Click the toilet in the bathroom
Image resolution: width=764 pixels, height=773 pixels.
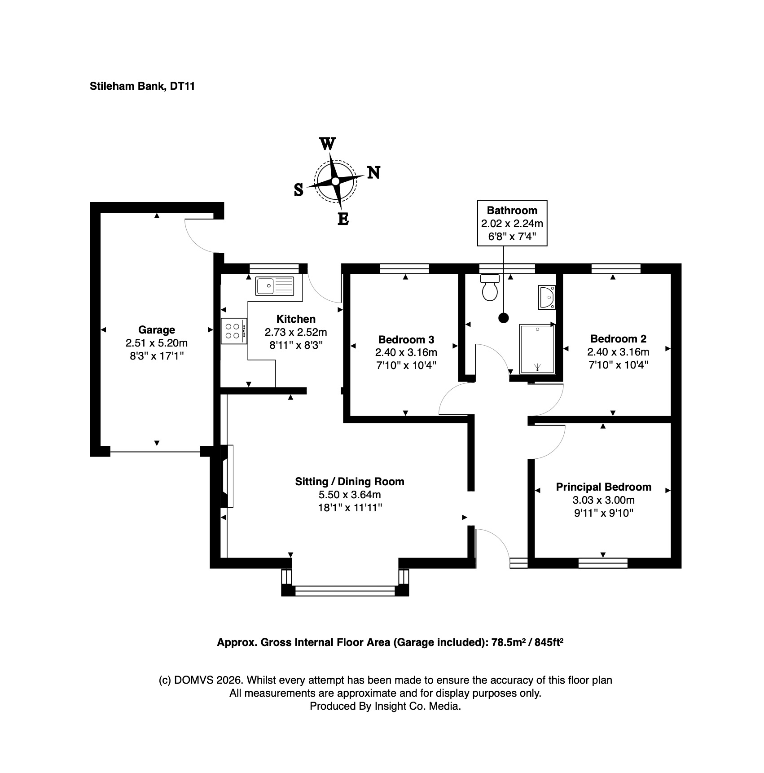[489, 287]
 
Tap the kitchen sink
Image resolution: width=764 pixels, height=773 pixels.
[275, 286]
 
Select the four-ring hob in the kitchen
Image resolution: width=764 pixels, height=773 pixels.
[234, 331]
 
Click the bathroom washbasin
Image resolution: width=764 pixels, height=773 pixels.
[547, 297]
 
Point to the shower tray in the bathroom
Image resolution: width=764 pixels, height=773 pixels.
[537, 349]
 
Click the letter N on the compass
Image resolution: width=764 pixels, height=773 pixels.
[373, 172]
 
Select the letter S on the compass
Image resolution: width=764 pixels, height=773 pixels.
[299, 190]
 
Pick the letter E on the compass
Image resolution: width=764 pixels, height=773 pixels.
[343, 220]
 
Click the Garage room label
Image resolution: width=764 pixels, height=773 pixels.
[157, 330]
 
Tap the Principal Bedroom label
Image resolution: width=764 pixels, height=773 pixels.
[604, 487]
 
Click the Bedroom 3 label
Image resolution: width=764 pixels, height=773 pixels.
[406, 339]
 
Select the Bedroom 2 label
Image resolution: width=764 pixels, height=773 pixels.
[619, 339]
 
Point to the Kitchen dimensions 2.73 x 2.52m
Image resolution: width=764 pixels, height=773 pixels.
[296, 332]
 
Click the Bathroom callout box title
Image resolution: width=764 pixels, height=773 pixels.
[512, 210]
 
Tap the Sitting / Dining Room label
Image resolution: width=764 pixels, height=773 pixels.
[350, 482]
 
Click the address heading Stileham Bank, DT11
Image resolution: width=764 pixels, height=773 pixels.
[142, 86]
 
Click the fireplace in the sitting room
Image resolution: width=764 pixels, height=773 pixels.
[227, 476]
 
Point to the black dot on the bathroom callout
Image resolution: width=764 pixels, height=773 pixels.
[504, 318]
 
